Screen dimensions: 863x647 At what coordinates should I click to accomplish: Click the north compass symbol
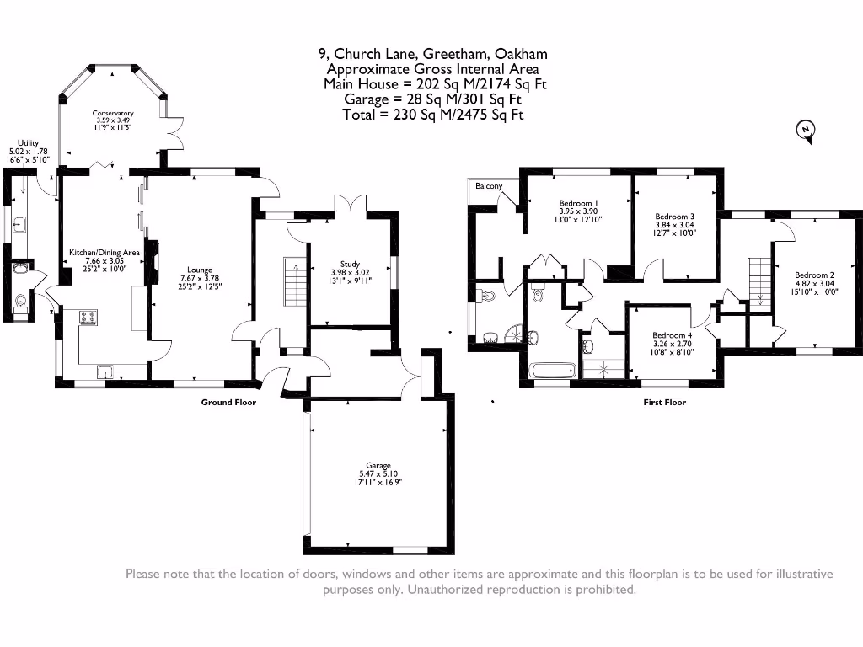pos(806,131)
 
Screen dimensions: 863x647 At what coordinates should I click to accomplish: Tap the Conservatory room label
pos(113,113)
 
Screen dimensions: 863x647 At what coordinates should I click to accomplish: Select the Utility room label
pos(28,143)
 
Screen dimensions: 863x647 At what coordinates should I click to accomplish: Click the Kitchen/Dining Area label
pos(104,253)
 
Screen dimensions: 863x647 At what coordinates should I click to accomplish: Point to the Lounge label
pos(200,270)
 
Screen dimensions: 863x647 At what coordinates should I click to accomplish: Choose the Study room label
pos(350,264)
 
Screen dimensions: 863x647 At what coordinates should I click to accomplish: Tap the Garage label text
pos(378,465)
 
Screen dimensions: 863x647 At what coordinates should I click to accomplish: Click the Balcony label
pos(490,186)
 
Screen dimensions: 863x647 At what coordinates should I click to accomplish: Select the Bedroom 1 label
pos(578,203)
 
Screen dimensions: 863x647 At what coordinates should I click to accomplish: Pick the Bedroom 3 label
pos(675,217)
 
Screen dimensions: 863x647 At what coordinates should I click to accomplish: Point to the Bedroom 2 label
pos(815,275)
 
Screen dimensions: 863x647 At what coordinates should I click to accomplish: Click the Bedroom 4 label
pos(672,335)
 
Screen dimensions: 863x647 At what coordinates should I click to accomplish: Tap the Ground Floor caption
pos(228,402)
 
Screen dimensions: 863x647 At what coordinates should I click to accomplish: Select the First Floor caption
pos(665,402)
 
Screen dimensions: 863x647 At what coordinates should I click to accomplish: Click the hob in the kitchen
pos(88,318)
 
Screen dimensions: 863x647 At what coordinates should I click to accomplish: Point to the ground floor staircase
pos(295,281)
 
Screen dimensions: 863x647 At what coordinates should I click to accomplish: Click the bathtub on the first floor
pos(552,370)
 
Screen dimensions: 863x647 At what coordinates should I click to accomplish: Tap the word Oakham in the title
pos(521,54)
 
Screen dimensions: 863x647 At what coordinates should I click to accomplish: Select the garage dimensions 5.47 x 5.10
pos(378,473)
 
